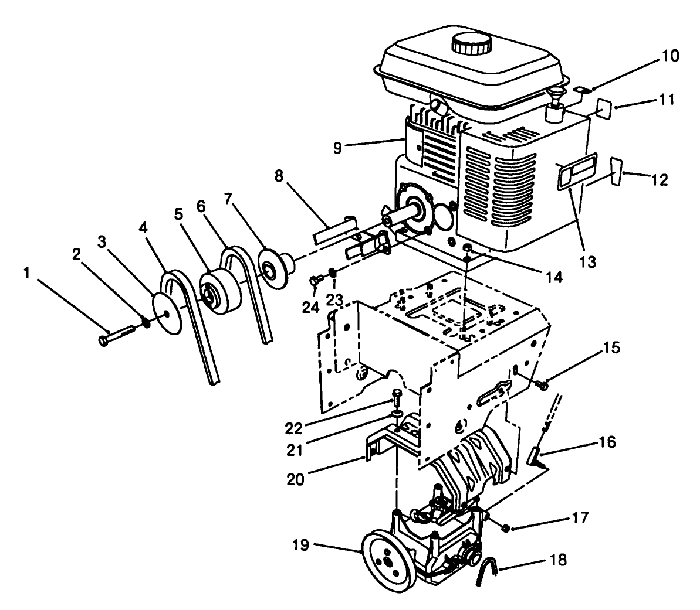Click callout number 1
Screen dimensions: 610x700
(25, 273)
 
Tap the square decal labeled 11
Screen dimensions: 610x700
(606, 109)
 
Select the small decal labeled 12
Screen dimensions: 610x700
(616, 169)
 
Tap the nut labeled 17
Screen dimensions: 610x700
(505, 529)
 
